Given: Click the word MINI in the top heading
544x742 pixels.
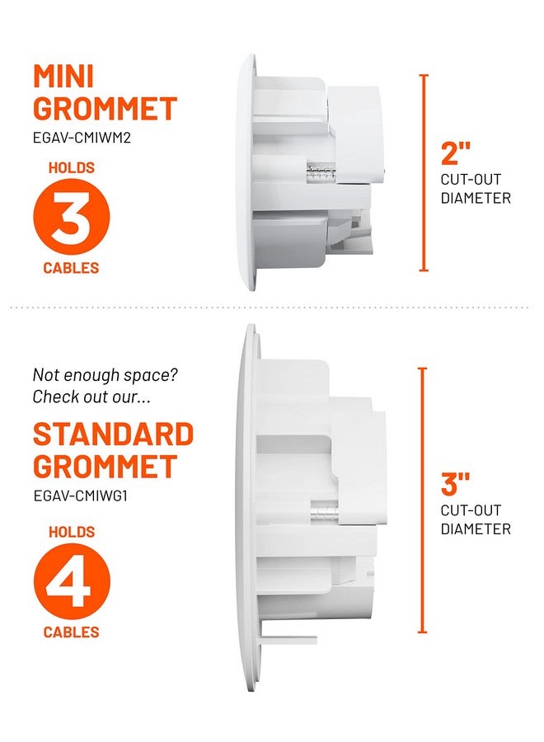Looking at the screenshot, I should coord(63,77).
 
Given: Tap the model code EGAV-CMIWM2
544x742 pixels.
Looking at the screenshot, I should coord(82,138).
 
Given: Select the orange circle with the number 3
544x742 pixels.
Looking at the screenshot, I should coord(71,218).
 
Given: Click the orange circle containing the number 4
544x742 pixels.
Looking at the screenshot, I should coord(71,581).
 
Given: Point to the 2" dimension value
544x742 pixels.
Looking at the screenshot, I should coord(455,153).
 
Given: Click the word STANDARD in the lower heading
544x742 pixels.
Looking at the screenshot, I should coord(113,434).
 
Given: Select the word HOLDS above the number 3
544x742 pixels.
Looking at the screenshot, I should coord(71,168).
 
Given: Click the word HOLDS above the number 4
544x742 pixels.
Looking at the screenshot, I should coord(71,533).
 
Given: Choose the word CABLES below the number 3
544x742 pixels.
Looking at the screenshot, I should coord(71,268).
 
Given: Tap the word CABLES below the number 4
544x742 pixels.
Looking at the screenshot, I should coord(71,632).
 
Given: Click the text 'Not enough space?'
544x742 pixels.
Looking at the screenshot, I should coord(105,375).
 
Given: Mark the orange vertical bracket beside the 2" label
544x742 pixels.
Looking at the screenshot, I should coord(424,172).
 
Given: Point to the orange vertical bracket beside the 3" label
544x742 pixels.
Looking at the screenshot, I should coord(424,500).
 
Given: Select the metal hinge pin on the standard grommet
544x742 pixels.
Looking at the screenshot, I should coord(324,510).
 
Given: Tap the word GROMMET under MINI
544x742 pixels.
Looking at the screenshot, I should coord(105,109).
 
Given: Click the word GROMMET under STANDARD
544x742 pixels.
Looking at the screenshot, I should coord(105,467).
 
